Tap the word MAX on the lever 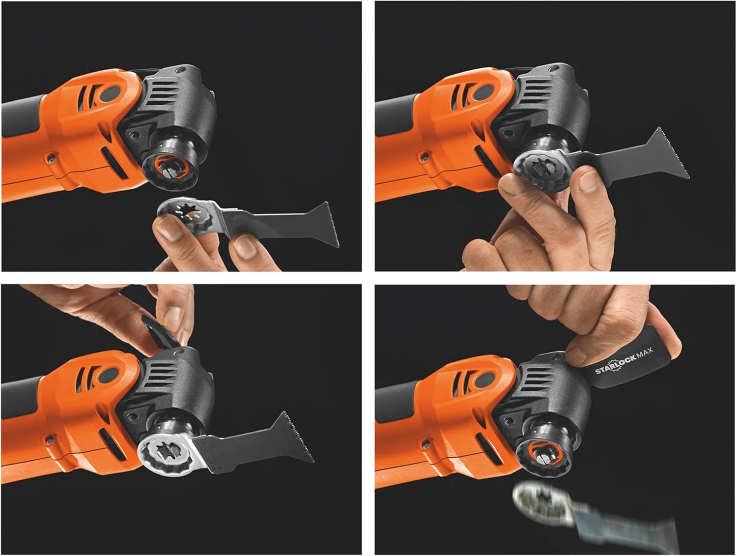pos(645,353)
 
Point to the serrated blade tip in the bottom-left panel pos(299,436)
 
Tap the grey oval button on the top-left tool pos(110,94)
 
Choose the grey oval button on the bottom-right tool pos(484,380)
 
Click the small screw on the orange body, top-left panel pos(51,157)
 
